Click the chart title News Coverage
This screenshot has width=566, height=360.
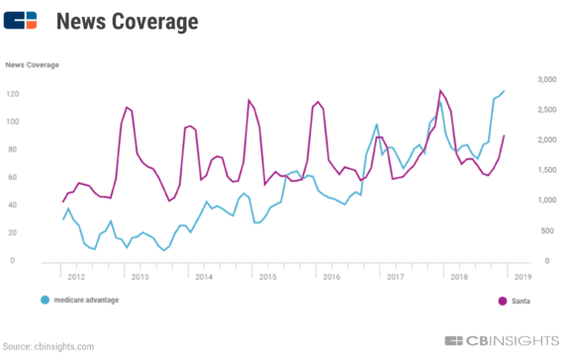click(x=127, y=21)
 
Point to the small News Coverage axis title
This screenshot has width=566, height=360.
click(x=32, y=65)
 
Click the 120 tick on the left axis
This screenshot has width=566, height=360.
click(x=14, y=94)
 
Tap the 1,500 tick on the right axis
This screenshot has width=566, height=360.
click(x=546, y=170)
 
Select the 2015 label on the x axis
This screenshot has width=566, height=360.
click(x=268, y=276)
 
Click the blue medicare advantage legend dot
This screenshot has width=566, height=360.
click(x=46, y=299)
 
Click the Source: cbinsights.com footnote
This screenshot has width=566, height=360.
click(x=47, y=347)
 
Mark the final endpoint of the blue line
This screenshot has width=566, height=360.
click(x=504, y=91)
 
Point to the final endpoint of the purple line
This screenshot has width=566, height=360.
click(x=504, y=136)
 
